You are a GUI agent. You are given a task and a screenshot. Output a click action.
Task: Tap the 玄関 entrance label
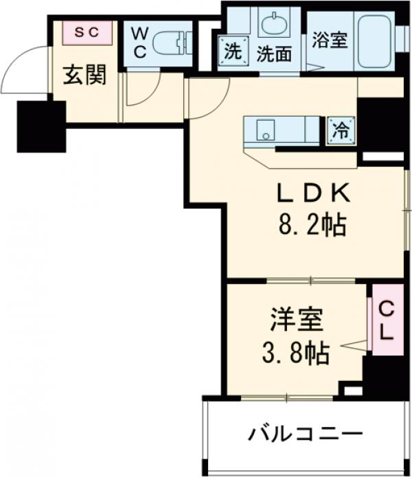(x=85, y=75)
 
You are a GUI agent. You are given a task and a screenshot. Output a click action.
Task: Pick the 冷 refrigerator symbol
(x=340, y=129)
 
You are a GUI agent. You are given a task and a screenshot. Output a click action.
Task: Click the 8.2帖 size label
(x=312, y=224)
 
